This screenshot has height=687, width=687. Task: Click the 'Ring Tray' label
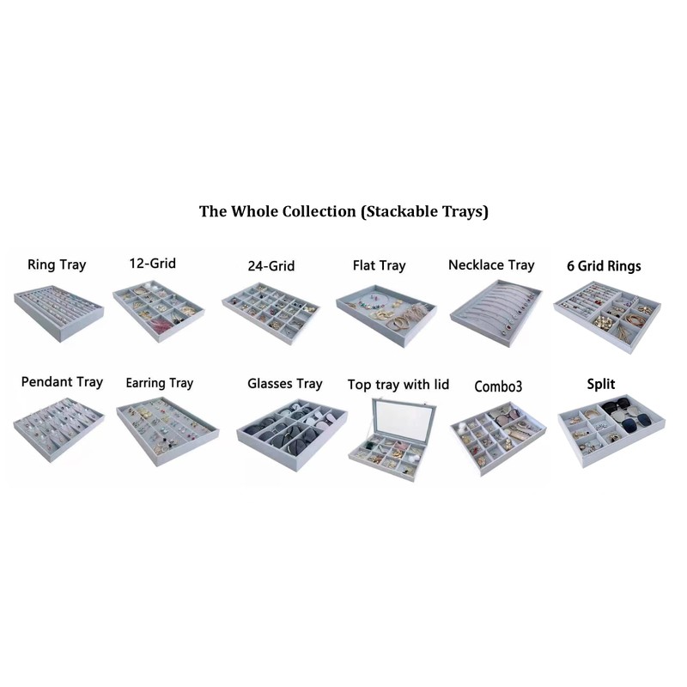(57, 264)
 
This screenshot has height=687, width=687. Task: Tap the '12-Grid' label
(152, 263)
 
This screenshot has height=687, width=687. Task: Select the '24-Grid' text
(271, 265)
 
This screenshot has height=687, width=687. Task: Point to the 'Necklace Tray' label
(491, 264)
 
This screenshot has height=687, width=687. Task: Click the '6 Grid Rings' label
(603, 265)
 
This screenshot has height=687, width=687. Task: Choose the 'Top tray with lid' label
(398, 384)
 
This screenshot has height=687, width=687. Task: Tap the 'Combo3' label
(498, 386)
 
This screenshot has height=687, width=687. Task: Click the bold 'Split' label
(601, 384)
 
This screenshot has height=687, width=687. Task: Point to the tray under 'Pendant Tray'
(58, 428)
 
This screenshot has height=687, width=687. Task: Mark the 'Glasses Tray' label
(284, 383)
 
